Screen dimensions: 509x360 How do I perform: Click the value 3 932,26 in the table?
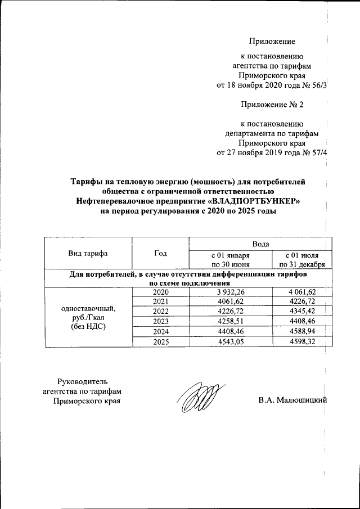(x=231, y=292)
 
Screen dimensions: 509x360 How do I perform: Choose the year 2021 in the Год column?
(x=160, y=302)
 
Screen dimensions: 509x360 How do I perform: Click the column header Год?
(x=160, y=254)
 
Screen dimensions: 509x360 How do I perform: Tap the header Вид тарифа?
(x=88, y=254)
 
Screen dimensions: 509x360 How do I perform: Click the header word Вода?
(x=260, y=244)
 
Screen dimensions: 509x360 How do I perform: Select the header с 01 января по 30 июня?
(x=231, y=259)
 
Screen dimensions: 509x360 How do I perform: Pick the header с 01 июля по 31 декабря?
(x=301, y=259)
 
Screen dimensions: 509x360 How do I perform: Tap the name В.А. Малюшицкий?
(x=292, y=400)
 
